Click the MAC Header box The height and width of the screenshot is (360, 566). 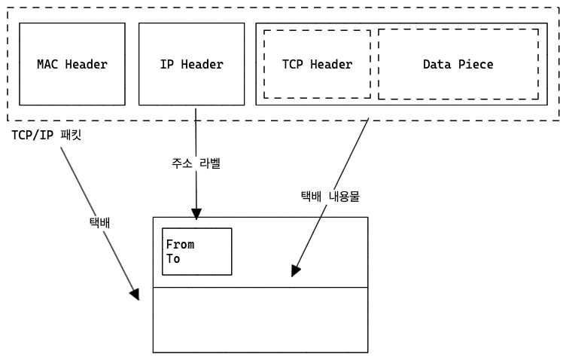pyautogui.click(x=72, y=64)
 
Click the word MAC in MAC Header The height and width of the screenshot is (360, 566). pyautogui.click(x=48, y=64)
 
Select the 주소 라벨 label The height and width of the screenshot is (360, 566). pyautogui.click(x=196, y=163)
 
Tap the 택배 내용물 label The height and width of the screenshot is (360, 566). pyautogui.click(x=330, y=197)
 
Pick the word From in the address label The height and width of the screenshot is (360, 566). pyautogui.click(x=180, y=245)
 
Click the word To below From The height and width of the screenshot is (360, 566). pyautogui.click(x=173, y=258)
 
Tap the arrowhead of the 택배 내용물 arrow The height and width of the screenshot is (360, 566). pyautogui.click(x=296, y=270)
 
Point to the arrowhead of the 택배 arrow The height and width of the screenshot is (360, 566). pyautogui.click(x=135, y=294)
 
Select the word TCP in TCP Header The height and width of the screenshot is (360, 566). pyautogui.click(x=292, y=64)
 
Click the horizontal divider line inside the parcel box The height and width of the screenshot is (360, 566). pyautogui.click(x=260, y=288)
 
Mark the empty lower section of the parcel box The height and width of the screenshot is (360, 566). pyautogui.click(x=260, y=320)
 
